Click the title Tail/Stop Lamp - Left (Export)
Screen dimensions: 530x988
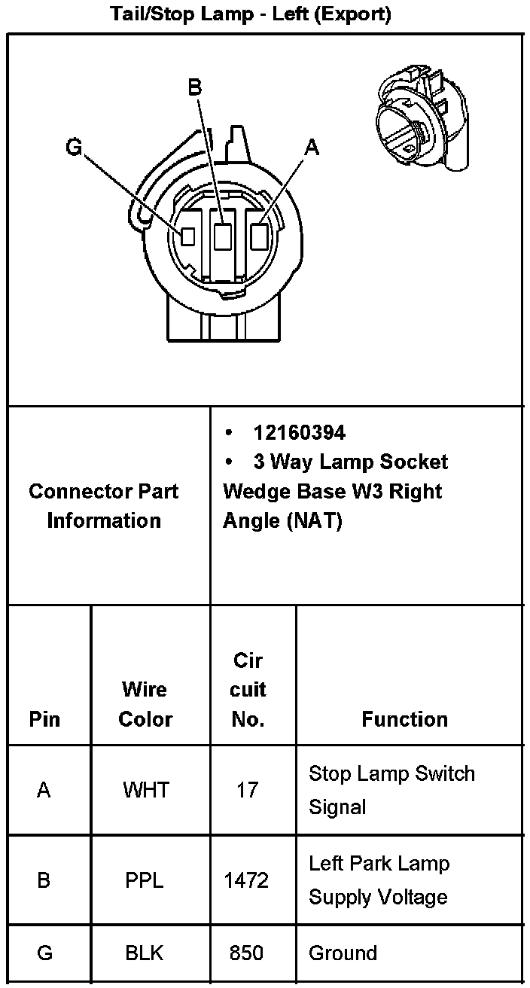click(251, 14)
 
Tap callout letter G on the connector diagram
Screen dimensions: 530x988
click(74, 147)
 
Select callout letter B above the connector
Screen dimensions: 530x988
click(195, 88)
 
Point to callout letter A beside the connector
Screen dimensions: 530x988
click(312, 148)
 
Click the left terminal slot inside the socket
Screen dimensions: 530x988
click(188, 236)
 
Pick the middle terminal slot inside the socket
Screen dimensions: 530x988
click(222, 236)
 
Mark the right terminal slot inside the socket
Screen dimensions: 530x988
click(260, 236)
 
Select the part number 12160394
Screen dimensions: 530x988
click(299, 432)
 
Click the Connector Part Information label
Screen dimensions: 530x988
click(104, 505)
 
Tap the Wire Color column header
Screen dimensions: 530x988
click(145, 703)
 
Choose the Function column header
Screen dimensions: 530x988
click(404, 719)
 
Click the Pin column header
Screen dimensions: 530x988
click(44, 719)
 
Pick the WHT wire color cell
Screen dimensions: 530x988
click(146, 790)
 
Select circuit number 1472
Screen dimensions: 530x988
click(246, 880)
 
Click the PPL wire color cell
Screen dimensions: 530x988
click(145, 880)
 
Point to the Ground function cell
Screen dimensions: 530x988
click(343, 953)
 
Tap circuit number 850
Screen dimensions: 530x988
click(246, 953)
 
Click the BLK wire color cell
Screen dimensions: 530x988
click(145, 953)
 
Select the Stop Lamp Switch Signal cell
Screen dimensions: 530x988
click(391, 790)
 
